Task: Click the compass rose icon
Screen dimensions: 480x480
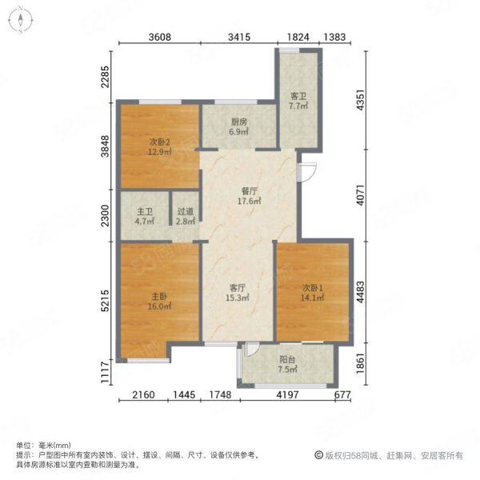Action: tap(21, 20)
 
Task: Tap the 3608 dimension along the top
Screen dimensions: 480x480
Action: tap(159, 37)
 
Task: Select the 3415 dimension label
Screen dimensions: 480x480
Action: tap(239, 37)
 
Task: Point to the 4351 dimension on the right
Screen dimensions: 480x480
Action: tap(361, 100)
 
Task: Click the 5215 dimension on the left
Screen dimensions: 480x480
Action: tap(105, 301)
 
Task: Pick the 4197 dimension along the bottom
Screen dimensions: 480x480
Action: tap(287, 394)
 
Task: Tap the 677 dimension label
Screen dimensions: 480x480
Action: tap(342, 394)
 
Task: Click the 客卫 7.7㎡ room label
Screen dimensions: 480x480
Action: tap(298, 102)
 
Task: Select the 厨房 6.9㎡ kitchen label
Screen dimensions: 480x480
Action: tap(238, 127)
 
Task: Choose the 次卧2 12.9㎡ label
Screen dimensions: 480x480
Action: tap(159, 146)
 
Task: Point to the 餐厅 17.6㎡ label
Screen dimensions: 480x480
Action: tap(250, 196)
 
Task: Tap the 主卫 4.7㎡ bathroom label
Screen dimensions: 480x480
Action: tap(145, 217)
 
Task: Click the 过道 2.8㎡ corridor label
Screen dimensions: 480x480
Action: tap(186, 217)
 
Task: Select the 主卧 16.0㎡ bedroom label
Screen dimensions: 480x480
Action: tap(159, 302)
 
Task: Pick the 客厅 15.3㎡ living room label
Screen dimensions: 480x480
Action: tap(238, 293)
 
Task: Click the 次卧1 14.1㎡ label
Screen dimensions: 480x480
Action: tap(313, 293)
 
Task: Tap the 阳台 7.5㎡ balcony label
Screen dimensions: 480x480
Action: tap(287, 364)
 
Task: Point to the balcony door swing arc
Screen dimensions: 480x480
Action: tap(253, 350)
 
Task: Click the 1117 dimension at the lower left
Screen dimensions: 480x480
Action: tap(105, 372)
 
